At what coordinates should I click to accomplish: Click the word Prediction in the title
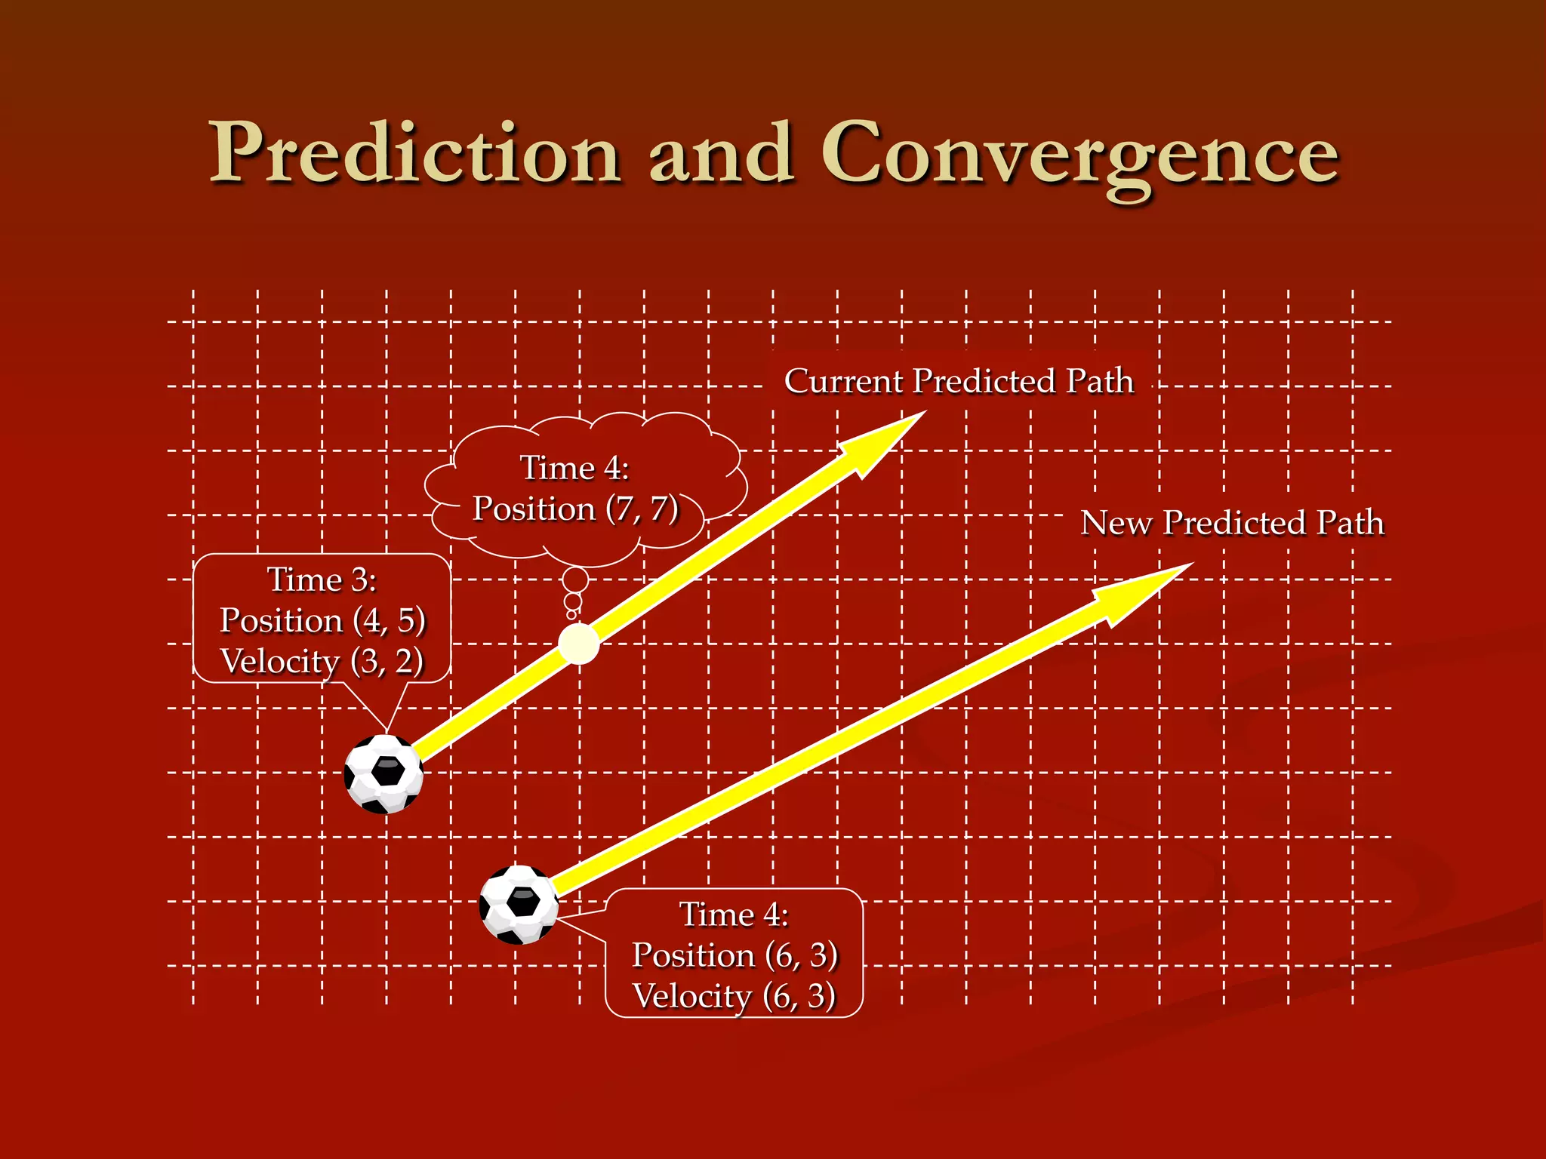414,153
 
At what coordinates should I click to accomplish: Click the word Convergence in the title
1080,155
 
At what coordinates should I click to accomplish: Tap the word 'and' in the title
721,153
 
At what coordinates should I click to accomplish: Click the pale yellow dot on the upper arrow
579,644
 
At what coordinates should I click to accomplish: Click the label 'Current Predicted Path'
959,381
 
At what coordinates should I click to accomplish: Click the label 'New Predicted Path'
1232,523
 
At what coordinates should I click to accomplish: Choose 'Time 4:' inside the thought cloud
574,468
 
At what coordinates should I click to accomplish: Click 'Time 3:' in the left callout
322,579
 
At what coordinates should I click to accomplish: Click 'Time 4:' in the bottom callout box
734,915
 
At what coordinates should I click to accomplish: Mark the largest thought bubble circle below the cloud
575,580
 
